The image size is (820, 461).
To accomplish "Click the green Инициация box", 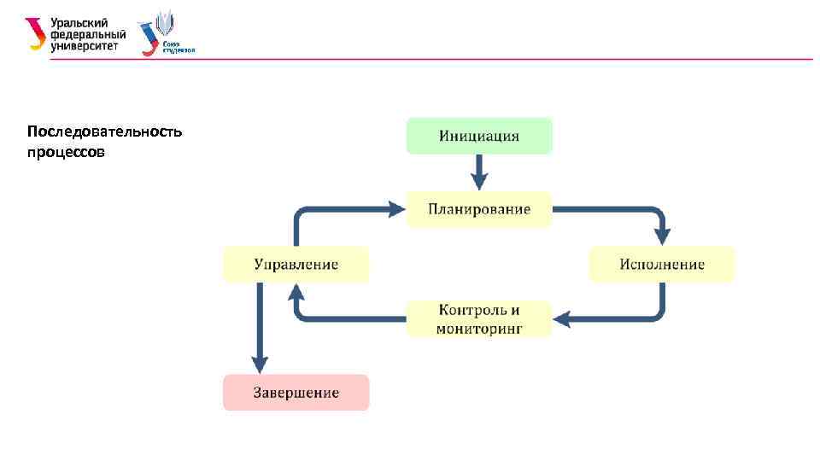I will [479, 136].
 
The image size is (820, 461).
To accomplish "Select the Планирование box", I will [479, 209].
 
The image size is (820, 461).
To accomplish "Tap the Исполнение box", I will [662, 264].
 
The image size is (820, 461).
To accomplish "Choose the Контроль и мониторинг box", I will [479, 318].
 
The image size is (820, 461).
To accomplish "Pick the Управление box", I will [296, 264].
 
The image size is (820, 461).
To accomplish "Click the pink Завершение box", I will [296, 393].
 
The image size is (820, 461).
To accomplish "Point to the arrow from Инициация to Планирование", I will [479, 172].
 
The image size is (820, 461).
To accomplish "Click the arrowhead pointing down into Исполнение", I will [662, 235].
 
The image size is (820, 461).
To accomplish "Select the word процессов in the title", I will [66, 154].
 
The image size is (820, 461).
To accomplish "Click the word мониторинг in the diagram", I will [479, 328].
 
